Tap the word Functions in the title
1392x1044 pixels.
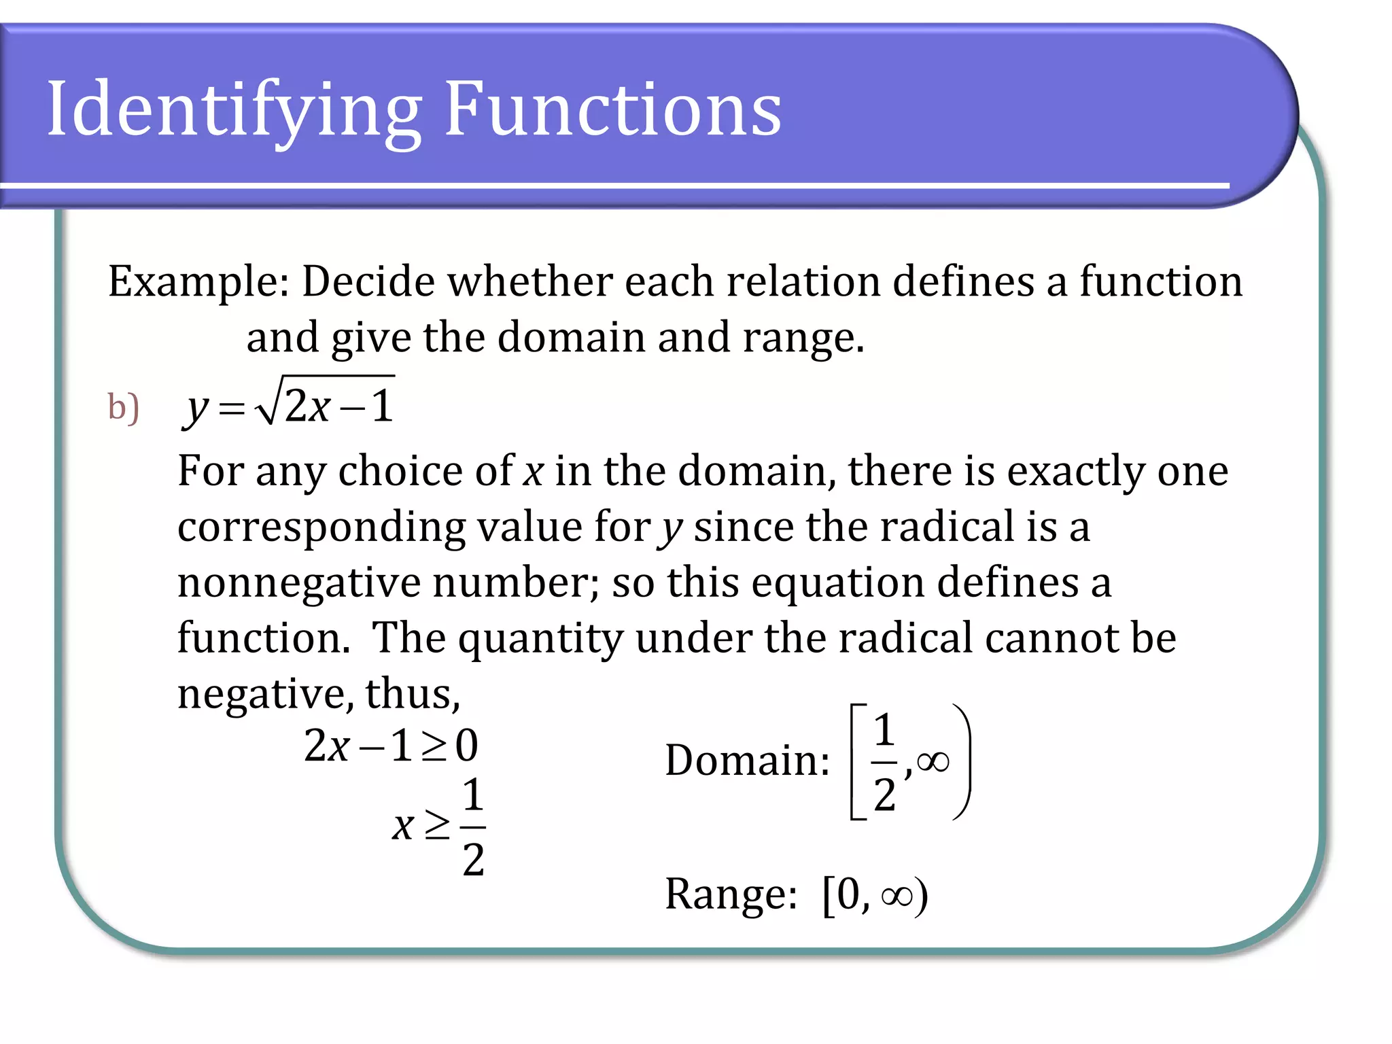click(x=613, y=109)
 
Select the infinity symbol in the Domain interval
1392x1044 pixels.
click(x=933, y=762)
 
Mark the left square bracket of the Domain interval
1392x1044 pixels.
click(x=858, y=762)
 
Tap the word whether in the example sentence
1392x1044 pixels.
click(x=529, y=281)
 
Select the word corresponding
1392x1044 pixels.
click(x=321, y=528)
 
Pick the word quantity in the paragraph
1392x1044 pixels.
click(x=540, y=639)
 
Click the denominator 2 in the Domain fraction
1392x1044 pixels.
click(x=884, y=795)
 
